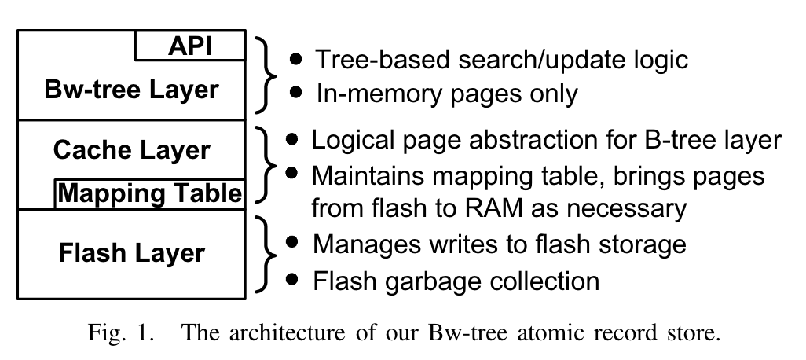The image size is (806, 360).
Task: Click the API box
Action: click(x=190, y=46)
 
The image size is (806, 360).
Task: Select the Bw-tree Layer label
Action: click(x=132, y=89)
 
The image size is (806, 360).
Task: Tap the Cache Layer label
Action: click(x=132, y=149)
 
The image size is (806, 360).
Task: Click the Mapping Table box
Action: click(x=149, y=193)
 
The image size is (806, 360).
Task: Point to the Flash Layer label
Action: click(x=132, y=253)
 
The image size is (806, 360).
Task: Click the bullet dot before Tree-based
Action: click(x=295, y=58)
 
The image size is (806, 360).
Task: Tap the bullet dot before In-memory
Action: click(x=295, y=92)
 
